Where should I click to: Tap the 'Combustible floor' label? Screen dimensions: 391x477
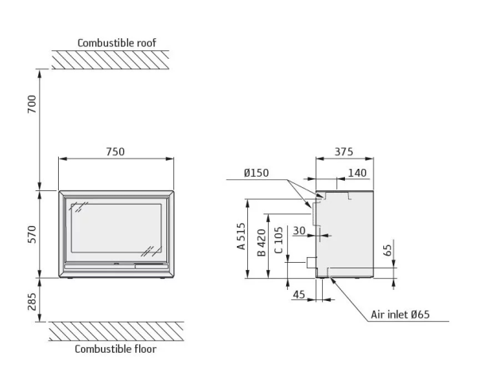tap(115, 349)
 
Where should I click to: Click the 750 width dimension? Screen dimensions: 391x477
tap(116, 150)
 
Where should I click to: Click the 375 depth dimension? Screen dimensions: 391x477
tap(343, 151)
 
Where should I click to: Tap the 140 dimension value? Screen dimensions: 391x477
tap(357, 173)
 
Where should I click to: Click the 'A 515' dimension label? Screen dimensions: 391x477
tap(241, 237)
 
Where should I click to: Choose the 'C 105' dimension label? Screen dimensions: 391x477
tap(279, 240)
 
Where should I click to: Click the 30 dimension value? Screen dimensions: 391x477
tap(299, 232)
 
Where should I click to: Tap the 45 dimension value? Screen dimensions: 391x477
tap(299, 295)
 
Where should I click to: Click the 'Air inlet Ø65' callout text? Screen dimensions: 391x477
tap(400, 315)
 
